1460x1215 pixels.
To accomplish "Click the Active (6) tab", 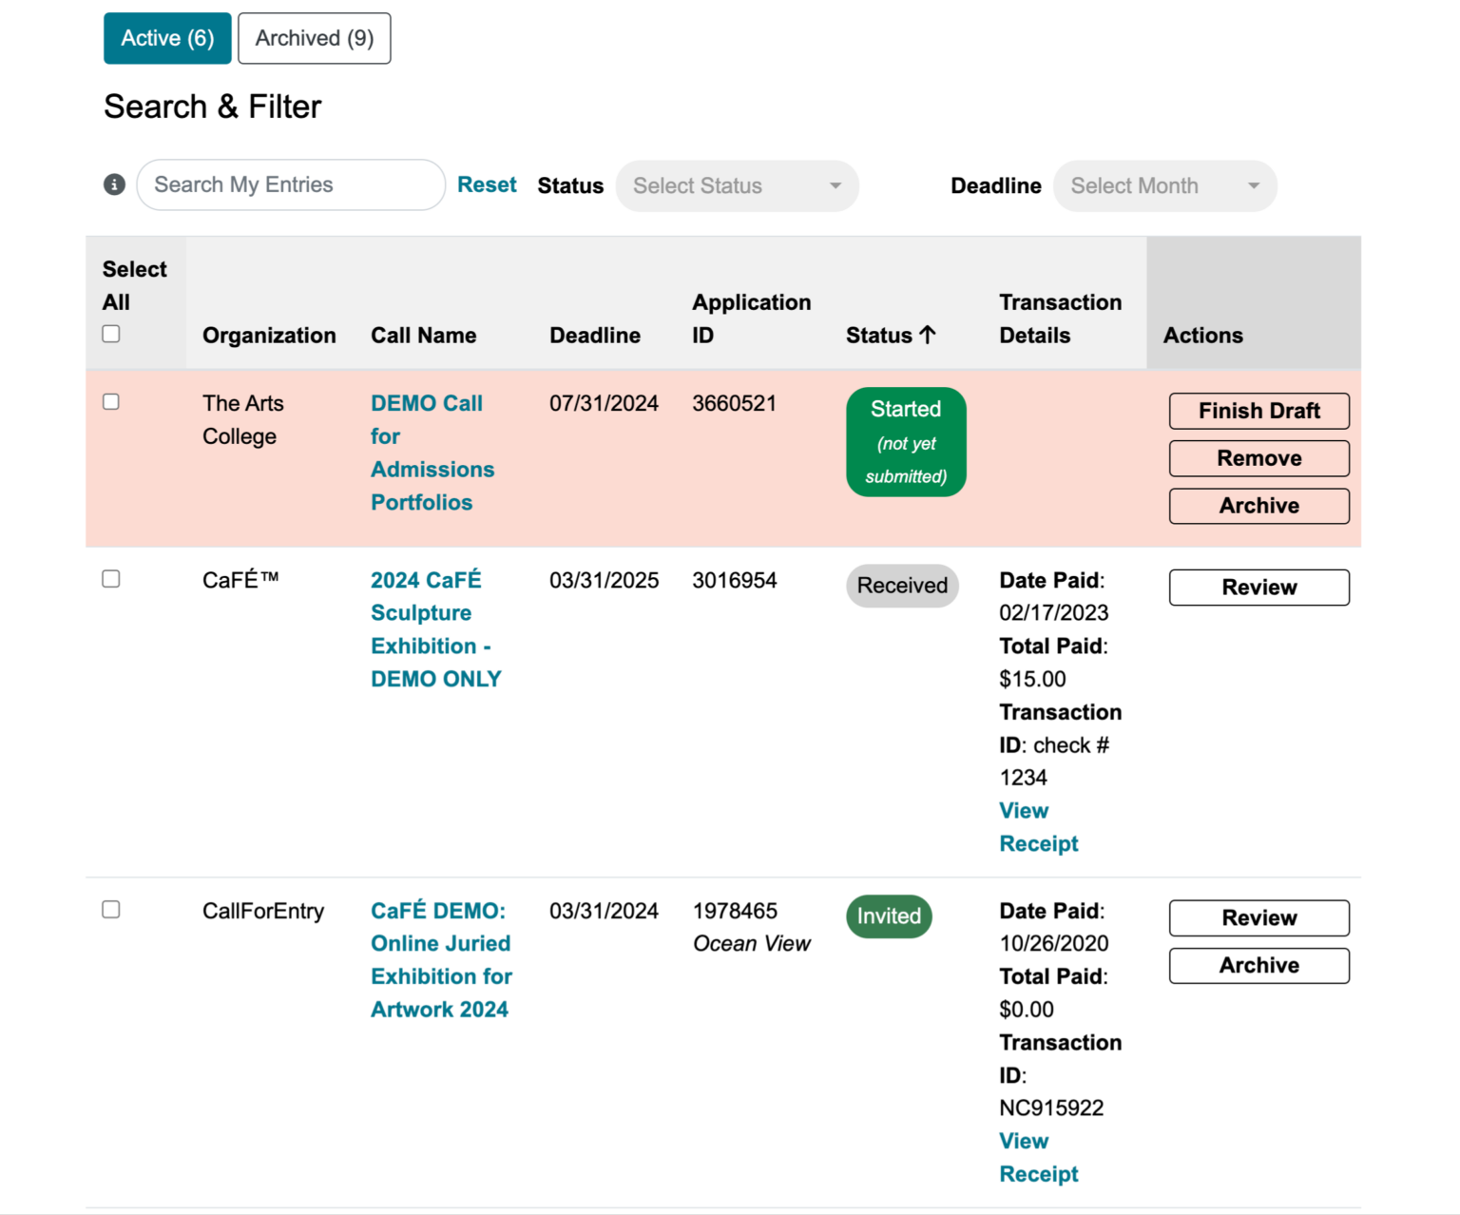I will coord(167,38).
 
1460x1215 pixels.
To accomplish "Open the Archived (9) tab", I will coord(314,38).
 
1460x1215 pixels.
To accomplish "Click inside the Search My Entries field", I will coord(290,184).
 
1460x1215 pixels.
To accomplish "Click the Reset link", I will coord(487,184).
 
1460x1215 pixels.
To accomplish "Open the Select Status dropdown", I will coord(737,185).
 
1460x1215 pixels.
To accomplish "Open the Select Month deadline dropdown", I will coord(1164,185).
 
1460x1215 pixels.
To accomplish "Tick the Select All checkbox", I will coord(111,334).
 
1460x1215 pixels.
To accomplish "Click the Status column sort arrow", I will coord(928,335).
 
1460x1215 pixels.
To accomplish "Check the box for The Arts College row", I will coord(111,402).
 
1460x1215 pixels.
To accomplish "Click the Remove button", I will coord(1258,458).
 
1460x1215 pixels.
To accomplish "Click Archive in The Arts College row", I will coord(1258,506).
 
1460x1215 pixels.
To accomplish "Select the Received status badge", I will coord(902,586).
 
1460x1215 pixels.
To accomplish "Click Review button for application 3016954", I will coord(1258,588).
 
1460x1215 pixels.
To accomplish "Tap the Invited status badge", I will coord(889,916).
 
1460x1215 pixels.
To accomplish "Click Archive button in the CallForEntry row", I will coord(1258,966).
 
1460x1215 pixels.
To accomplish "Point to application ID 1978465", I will coord(735,911).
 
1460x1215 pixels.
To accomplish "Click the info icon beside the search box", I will coord(114,184).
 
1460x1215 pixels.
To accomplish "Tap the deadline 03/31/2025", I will coord(604,580).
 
